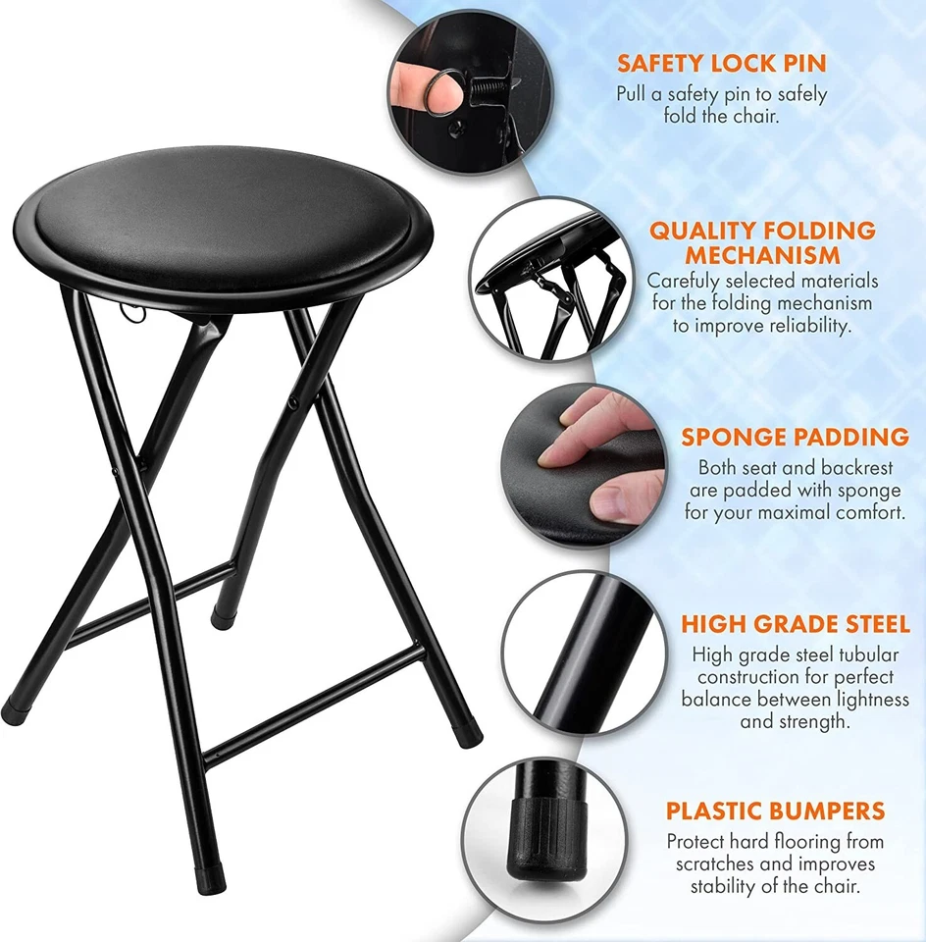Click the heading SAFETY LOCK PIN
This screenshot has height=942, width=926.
coord(721,64)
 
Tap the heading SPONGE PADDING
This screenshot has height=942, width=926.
coord(795,437)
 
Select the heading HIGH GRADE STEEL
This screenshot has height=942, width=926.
coord(796,624)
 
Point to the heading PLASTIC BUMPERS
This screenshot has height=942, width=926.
coord(775,811)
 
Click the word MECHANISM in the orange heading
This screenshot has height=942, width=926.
coord(762,255)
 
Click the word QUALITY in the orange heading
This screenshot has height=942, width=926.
coord(698,231)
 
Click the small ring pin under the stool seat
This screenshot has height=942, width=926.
coord(134,314)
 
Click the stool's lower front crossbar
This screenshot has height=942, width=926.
coord(314,702)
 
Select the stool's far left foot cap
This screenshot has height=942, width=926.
coord(14,712)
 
